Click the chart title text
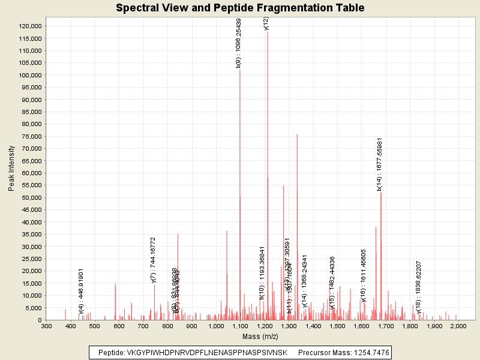pos(240,8)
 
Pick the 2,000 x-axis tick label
pos(458,326)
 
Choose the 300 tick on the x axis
pos(46,326)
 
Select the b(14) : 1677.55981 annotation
pos(380,164)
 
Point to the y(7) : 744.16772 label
pos(154,260)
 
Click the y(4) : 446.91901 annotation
pos(81,291)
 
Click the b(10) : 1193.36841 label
pos(262,272)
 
